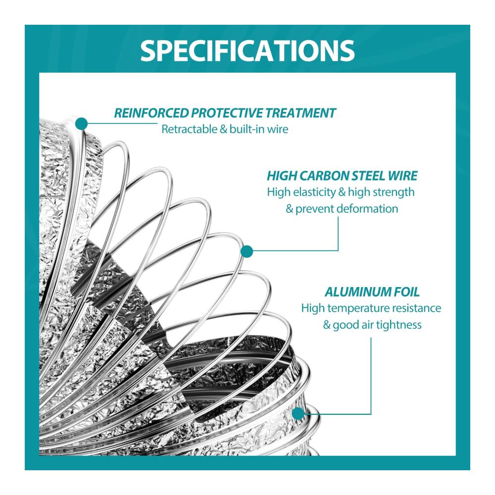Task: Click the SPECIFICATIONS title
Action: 247,50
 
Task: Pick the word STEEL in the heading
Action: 369,176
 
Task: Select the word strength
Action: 395,192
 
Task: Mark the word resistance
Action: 417,308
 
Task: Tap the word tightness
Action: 398,325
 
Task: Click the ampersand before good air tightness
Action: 327,325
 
